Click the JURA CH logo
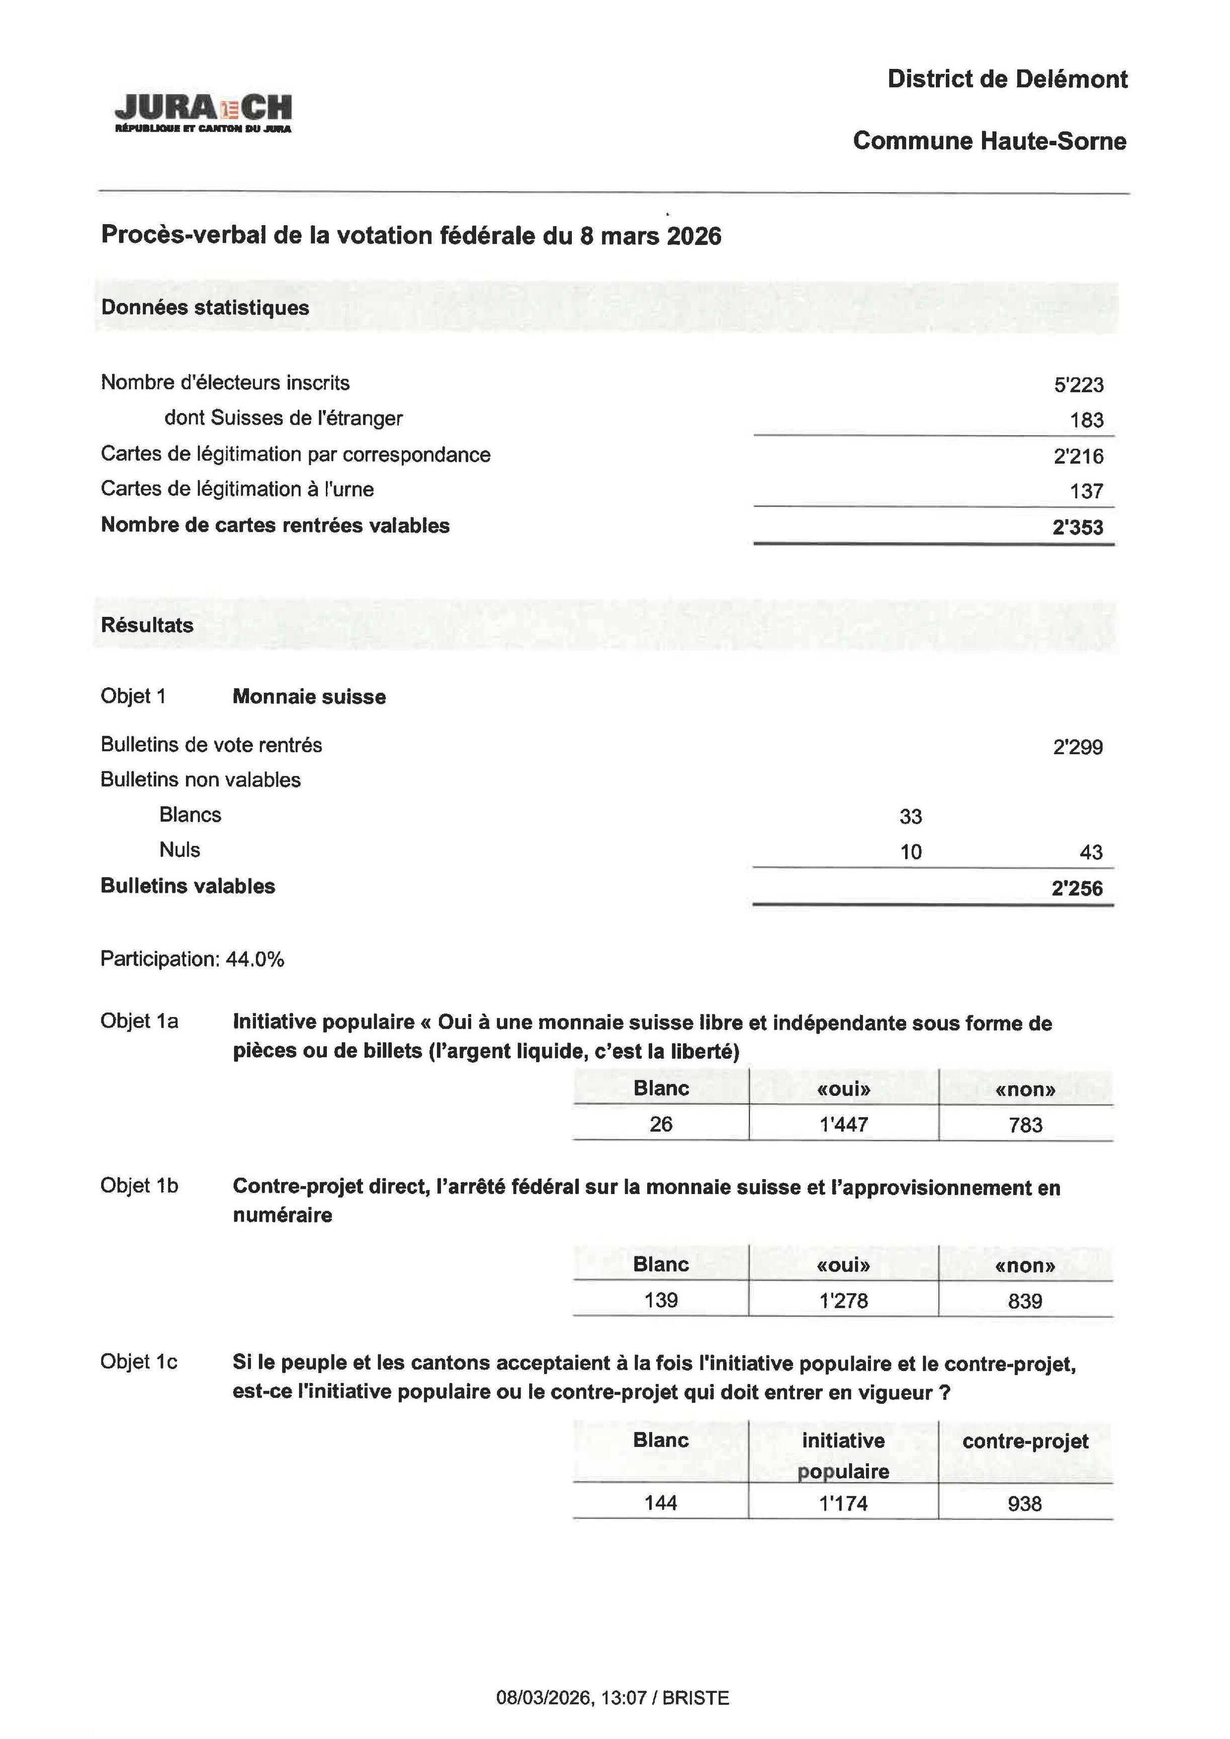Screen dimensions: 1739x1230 pyautogui.click(x=203, y=113)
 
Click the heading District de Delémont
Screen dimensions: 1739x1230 pyautogui.click(x=1007, y=79)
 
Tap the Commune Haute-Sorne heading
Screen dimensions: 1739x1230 pyautogui.click(x=989, y=141)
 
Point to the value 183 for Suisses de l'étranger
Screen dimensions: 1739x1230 pyautogui.click(x=1086, y=420)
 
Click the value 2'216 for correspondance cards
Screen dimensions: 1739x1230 pyautogui.click(x=1078, y=456)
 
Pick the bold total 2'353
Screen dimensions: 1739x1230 pyautogui.click(x=1077, y=527)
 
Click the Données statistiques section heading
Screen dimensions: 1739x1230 pyautogui.click(x=205, y=308)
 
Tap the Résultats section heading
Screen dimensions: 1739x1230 pyautogui.click(x=147, y=625)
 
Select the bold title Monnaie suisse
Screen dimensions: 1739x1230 pyautogui.click(x=309, y=697)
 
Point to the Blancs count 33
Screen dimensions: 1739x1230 pyautogui.click(x=910, y=816)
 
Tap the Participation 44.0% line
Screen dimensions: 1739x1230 pyautogui.click(x=193, y=960)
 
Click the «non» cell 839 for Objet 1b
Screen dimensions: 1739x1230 pyautogui.click(x=1025, y=1301)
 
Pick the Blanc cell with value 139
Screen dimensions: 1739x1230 pyautogui.click(x=660, y=1301)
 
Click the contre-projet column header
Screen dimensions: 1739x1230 pyautogui.click(x=1025, y=1441)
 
